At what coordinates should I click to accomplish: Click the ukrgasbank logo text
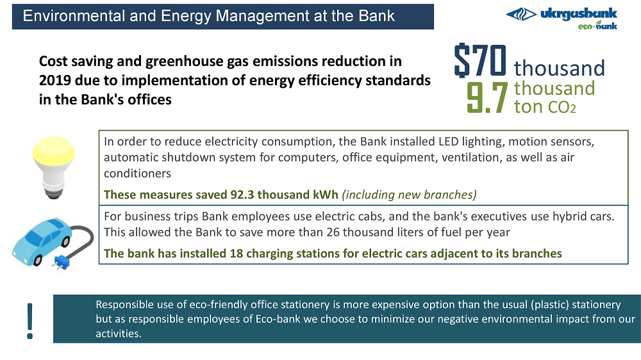[x=578, y=14]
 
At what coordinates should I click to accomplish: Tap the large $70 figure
[x=480, y=60]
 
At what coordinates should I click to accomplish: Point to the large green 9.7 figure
[x=487, y=97]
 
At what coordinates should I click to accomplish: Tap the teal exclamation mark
[x=30, y=321]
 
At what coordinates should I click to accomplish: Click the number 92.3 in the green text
[x=242, y=195]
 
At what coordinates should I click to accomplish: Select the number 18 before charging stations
[x=237, y=254]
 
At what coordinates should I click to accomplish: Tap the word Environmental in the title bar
[x=74, y=16]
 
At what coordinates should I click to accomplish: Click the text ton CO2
[x=545, y=106]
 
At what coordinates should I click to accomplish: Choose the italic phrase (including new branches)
[x=409, y=195]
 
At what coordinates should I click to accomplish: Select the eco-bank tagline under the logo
[x=597, y=26]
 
